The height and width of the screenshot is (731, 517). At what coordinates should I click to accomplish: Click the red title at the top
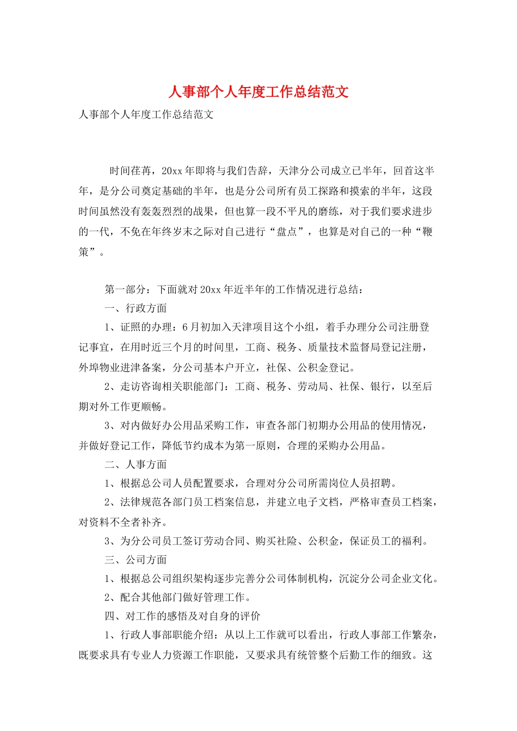pyautogui.click(x=258, y=91)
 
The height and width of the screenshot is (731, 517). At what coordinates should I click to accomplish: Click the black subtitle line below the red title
pyautogui.click(x=146, y=115)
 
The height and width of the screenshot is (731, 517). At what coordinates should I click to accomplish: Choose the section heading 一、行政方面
pyautogui.click(x=136, y=308)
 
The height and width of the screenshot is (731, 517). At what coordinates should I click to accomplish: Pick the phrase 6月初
pyautogui.click(x=196, y=327)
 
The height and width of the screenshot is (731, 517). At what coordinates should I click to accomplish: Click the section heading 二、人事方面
pyautogui.click(x=136, y=464)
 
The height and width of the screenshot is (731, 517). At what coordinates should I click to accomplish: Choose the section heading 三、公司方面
pyautogui.click(x=136, y=560)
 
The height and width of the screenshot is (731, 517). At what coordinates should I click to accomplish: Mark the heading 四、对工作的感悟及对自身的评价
pyautogui.click(x=182, y=616)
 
